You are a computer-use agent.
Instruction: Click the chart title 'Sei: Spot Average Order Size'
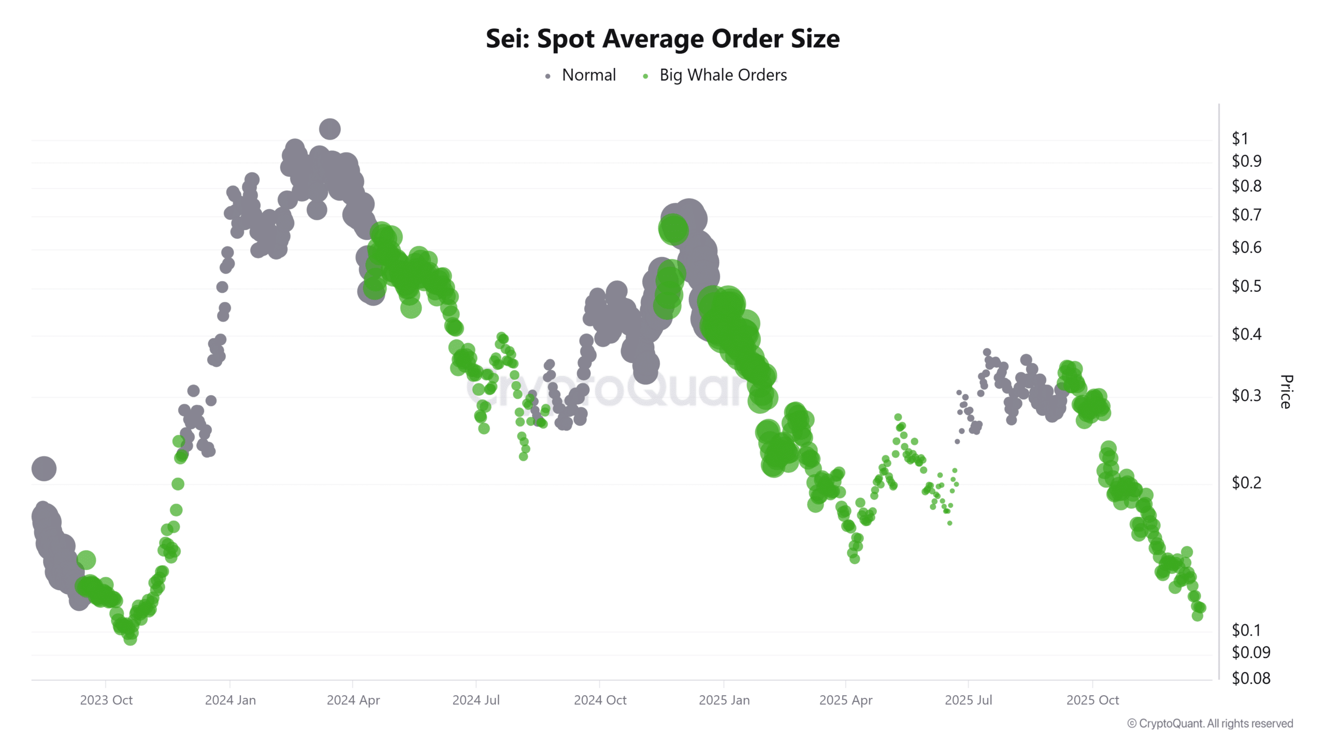coord(662,39)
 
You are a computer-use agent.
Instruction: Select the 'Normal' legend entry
coord(588,75)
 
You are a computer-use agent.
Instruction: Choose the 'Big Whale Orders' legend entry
coord(723,75)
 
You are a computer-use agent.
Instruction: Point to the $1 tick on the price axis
coord(1239,138)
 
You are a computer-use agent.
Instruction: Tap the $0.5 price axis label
coord(1246,286)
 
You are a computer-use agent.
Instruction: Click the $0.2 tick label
coord(1246,482)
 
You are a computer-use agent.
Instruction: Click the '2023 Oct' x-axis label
coord(106,700)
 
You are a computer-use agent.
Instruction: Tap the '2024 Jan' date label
coord(230,700)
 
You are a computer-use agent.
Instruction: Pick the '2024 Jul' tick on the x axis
coord(475,700)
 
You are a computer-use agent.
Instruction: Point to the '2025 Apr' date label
coord(845,700)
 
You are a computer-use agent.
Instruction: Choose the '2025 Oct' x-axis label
coord(1092,700)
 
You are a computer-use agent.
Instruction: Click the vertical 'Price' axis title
coord(1286,392)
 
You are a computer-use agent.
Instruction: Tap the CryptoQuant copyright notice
coord(1210,723)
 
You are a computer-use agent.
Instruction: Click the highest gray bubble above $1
coord(329,129)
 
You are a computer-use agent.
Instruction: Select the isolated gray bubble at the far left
coord(44,468)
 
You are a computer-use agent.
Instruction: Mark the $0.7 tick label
coord(1246,214)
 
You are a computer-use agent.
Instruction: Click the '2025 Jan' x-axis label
coord(724,700)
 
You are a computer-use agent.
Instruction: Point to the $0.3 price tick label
coord(1246,395)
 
